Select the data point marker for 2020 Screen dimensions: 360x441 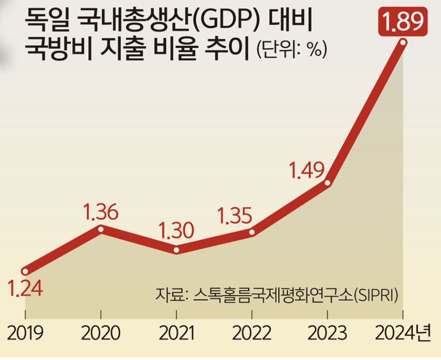pos(101,229)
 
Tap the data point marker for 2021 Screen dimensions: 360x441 pos(176,249)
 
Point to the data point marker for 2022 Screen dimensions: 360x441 pos(252,232)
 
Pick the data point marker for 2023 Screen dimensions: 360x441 pos(328,182)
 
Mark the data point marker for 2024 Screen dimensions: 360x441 pos(403,42)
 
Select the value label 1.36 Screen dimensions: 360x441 pos(101,213)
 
